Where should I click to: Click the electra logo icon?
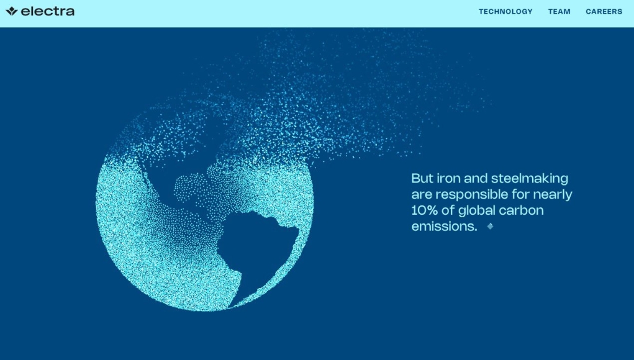click(12, 11)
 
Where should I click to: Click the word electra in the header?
click(47, 11)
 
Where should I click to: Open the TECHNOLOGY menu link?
click(505, 12)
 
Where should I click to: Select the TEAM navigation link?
click(559, 12)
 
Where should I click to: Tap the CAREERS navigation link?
click(604, 12)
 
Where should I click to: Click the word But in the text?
click(422, 178)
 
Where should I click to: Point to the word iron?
click(448, 178)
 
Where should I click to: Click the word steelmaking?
click(530, 179)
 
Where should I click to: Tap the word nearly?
click(553, 195)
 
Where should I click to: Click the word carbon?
click(521, 210)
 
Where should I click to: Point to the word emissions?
click(445, 227)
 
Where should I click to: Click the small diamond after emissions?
click(490, 227)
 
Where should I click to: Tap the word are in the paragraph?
click(422, 196)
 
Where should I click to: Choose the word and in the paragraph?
click(476, 178)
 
